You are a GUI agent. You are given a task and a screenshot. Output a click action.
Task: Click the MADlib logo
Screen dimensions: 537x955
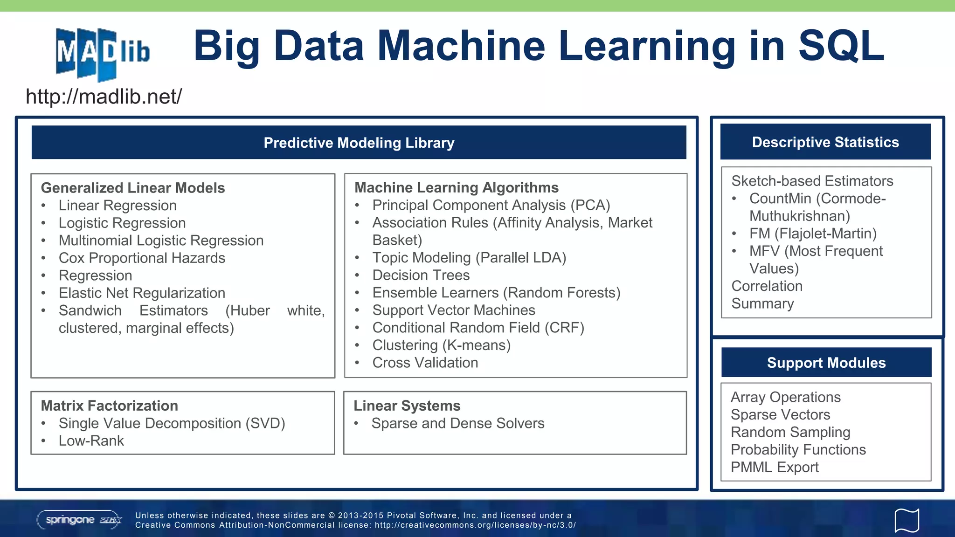tap(103, 54)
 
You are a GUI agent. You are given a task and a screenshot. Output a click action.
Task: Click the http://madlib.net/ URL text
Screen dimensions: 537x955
tap(104, 97)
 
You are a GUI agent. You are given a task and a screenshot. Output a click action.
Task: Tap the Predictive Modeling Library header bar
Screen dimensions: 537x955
tap(359, 143)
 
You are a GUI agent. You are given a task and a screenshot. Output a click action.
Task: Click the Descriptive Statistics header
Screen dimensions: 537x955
tap(825, 142)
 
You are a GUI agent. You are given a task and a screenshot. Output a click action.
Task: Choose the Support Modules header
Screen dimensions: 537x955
tap(826, 363)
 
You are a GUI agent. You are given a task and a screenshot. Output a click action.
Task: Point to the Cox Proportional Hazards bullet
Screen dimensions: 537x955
tap(142, 258)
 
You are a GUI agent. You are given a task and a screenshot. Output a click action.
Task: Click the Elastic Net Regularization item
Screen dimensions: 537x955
tap(142, 293)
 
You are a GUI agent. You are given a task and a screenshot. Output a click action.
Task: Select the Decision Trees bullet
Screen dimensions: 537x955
tap(421, 275)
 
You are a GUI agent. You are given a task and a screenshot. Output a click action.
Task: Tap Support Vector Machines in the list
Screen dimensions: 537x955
tap(453, 310)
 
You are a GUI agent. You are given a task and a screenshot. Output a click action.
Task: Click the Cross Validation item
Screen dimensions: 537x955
tap(425, 363)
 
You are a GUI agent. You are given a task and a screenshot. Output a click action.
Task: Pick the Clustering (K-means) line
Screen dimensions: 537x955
tap(441, 345)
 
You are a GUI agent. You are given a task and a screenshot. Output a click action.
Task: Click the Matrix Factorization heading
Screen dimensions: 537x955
tap(109, 406)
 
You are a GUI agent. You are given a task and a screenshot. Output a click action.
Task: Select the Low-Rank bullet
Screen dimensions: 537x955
tap(91, 441)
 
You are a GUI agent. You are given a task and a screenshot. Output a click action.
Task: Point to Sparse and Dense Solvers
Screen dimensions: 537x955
tap(457, 423)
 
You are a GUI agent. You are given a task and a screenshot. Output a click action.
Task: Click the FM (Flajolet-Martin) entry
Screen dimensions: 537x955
tap(813, 233)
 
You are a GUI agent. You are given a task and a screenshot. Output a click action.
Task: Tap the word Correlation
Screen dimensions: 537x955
tap(767, 286)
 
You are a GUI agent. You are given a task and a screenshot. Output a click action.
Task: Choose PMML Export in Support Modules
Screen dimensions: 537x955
tap(775, 467)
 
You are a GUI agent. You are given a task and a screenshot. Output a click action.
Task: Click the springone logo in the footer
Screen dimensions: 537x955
tap(79, 520)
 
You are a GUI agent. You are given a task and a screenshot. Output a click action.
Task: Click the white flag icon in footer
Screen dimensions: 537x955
tap(907, 520)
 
